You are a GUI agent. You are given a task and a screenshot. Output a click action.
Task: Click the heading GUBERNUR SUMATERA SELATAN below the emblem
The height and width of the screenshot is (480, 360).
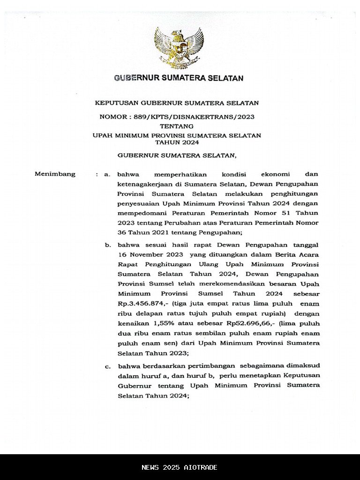179,78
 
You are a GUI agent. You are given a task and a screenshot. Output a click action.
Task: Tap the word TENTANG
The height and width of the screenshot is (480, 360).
176,126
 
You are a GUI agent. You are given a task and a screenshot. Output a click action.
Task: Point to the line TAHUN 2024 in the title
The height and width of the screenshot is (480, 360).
177,142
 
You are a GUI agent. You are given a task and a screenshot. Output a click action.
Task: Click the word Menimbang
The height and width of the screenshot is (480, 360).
55,174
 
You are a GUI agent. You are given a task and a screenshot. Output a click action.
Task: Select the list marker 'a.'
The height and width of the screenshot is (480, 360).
107,174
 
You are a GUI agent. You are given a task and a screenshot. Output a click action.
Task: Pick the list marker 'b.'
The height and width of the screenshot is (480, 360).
107,245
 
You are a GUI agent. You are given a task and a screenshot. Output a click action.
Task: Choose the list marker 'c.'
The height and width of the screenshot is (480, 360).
107,366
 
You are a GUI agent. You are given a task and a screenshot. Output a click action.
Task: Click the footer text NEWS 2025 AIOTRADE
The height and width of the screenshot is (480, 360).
180,467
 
